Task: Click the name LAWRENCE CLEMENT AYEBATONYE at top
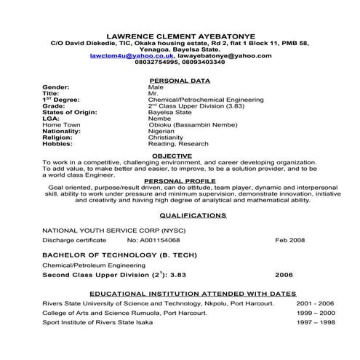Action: [179, 33]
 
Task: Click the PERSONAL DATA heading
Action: [179, 80]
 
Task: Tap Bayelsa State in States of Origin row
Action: [169, 113]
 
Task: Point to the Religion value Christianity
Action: [165, 138]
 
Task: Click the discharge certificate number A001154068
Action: [153, 239]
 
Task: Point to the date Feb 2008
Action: [289, 239]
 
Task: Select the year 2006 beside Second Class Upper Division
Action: [285, 276]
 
